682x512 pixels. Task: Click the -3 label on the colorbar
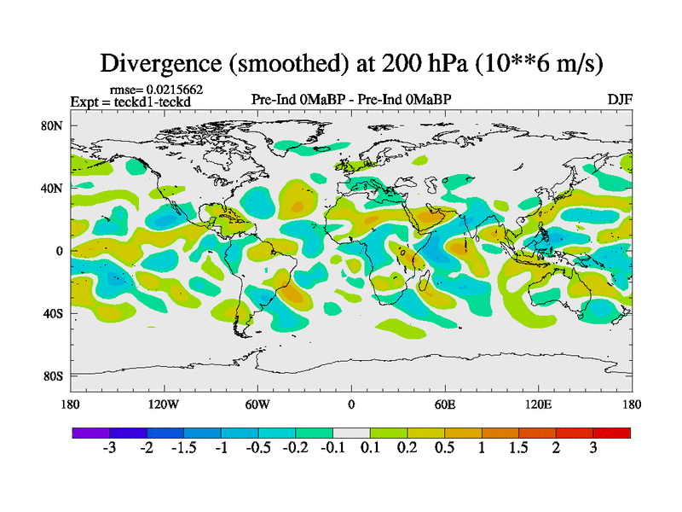(x=108, y=450)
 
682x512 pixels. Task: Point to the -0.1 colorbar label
(x=332, y=450)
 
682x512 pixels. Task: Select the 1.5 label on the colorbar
(x=518, y=450)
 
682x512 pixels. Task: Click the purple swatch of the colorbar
(x=90, y=433)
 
